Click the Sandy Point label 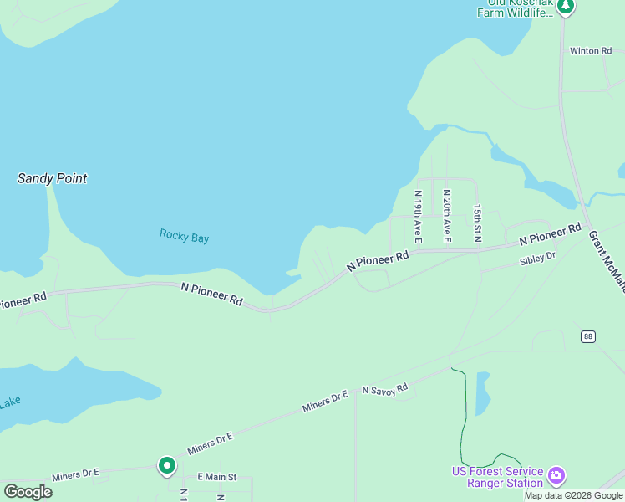tap(52, 178)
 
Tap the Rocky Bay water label tap(184, 237)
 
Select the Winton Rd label tap(591, 51)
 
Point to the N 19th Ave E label tap(419, 217)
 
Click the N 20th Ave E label tap(447, 216)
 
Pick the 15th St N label tap(477, 223)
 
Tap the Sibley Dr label tap(537, 259)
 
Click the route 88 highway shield tap(589, 336)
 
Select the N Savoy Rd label tap(384, 388)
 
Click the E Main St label tap(217, 477)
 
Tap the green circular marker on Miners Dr tap(167, 465)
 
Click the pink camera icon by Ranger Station tap(556, 477)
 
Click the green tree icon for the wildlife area tap(567, 7)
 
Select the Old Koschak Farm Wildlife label tap(515, 8)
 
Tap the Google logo tap(28, 492)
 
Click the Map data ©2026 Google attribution tap(573, 496)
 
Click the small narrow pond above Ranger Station tap(482, 393)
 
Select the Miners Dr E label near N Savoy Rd tap(325, 401)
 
